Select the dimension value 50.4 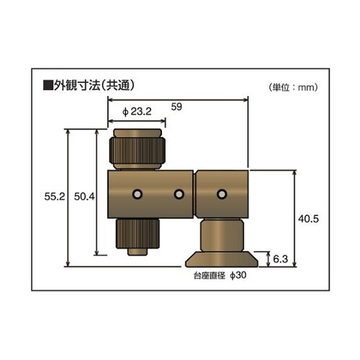(x=85, y=196)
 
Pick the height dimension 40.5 (x=308, y=217)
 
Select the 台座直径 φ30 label (x=220, y=276)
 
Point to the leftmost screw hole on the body (x=136, y=194)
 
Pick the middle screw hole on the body (x=179, y=194)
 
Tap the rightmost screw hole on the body (x=222, y=194)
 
